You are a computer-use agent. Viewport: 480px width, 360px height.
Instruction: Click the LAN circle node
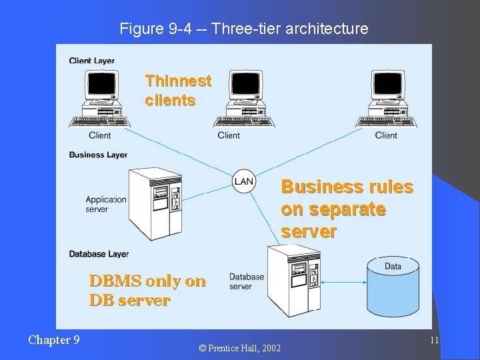(244, 181)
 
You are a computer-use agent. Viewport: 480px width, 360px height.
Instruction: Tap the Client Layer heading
(92, 61)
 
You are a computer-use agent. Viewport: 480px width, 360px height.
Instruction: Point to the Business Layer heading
(98, 155)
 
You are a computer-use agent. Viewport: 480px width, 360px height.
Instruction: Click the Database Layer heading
(99, 254)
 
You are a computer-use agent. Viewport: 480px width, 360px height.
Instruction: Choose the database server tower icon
(294, 281)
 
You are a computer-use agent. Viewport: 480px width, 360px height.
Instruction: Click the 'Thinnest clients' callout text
(178, 91)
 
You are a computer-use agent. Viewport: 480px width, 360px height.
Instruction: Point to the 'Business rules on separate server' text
(347, 209)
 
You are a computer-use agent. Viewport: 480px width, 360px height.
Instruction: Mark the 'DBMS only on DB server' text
(147, 290)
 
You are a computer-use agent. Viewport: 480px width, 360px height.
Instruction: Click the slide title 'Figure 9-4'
(243, 29)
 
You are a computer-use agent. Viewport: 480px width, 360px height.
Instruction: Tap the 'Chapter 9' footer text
(54, 340)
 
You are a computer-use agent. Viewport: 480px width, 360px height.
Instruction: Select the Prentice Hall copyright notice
(240, 348)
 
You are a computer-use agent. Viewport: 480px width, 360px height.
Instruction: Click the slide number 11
(434, 340)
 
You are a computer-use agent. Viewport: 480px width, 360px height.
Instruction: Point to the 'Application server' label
(106, 204)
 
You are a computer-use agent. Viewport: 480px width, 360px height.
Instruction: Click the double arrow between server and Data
(343, 283)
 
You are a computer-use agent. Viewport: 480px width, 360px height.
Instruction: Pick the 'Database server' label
(247, 281)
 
